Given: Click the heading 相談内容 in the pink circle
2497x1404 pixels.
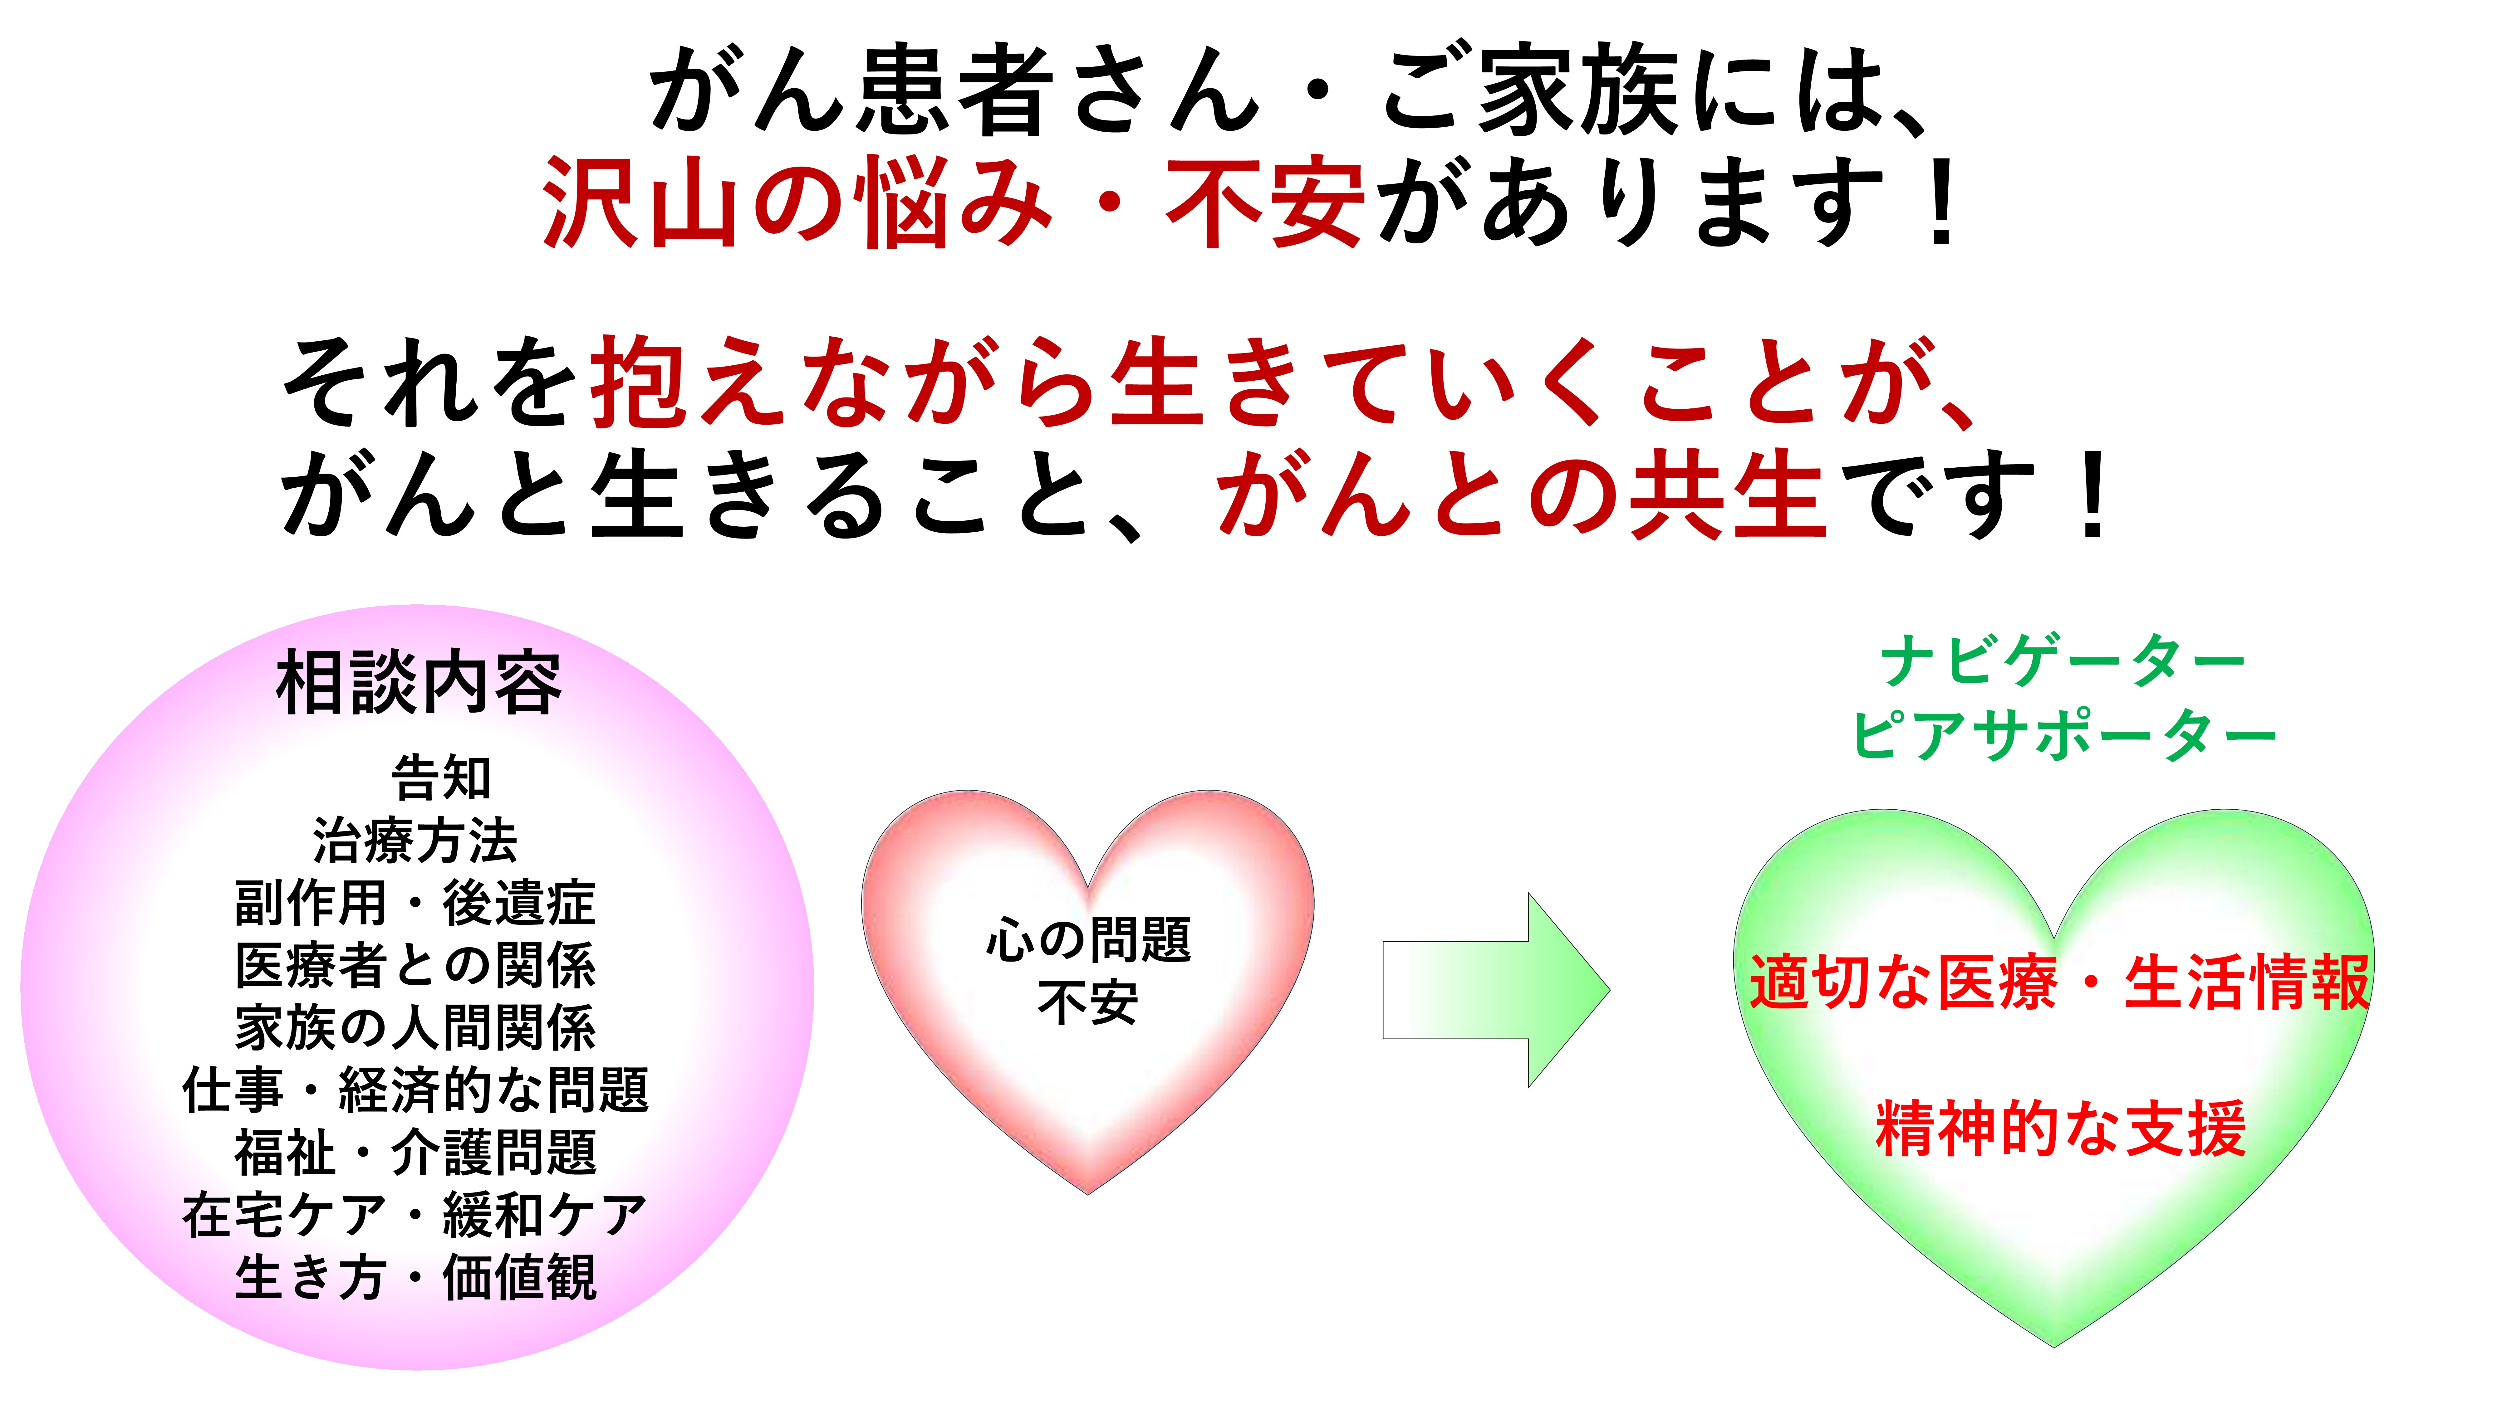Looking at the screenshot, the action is click(x=419, y=683).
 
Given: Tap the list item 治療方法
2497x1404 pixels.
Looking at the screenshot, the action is click(x=415, y=840).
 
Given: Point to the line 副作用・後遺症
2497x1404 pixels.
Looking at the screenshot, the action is click(x=415, y=903).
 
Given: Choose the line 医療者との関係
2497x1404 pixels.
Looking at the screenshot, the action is click(x=415, y=965).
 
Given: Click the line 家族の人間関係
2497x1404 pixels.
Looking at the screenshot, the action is click(x=415, y=1027).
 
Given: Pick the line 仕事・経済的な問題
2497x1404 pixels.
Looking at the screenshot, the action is click(x=415, y=1090).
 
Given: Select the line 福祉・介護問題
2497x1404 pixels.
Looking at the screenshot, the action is click(x=415, y=1152).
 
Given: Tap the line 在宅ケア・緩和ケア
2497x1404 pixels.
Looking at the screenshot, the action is click(x=415, y=1215).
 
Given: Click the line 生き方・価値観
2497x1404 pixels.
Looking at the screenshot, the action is click(x=415, y=1277).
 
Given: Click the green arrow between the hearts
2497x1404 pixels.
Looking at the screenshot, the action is click(x=1496, y=989).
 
